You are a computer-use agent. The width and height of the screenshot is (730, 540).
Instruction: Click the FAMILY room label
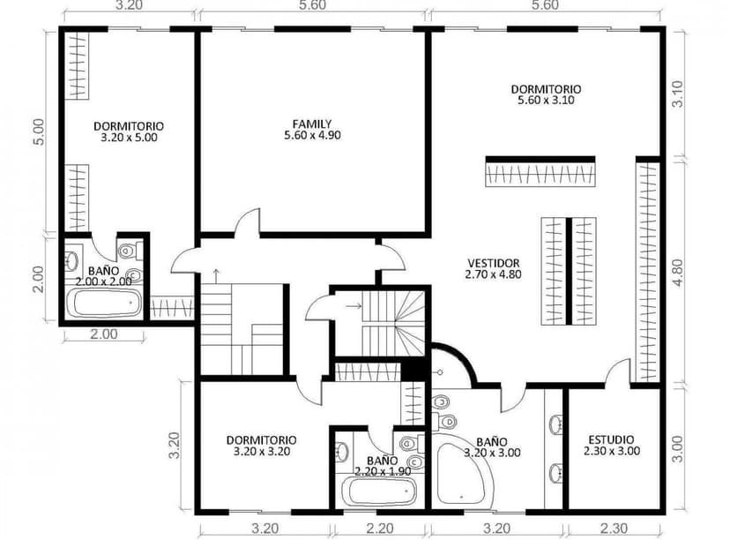pyautogui.click(x=311, y=124)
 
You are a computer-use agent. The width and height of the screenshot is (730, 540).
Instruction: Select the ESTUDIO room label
pyautogui.click(x=611, y=439)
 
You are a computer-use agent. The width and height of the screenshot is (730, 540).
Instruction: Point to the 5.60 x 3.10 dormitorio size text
pyautogui.click(x=546, y=101)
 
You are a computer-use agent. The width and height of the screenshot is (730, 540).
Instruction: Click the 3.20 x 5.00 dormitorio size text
pyautogui.click(x=129, y=138)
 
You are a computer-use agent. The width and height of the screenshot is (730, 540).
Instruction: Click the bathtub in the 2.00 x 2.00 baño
pyautogui.click(x=105, y=303)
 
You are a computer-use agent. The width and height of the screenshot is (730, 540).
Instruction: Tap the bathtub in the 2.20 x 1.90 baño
pyautogui.click(x=376, y=491)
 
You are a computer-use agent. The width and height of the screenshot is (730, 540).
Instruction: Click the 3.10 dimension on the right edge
pyautogui.click(x=677, y=94)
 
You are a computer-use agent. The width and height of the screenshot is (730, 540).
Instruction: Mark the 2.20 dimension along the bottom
pyautogui.click(x=379, y=529)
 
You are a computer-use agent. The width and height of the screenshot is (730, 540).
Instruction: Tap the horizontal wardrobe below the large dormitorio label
pyautogui.click(x=540, y=171)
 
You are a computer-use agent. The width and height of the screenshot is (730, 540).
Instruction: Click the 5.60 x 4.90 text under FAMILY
pyautogui.click(x=311, y=136)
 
